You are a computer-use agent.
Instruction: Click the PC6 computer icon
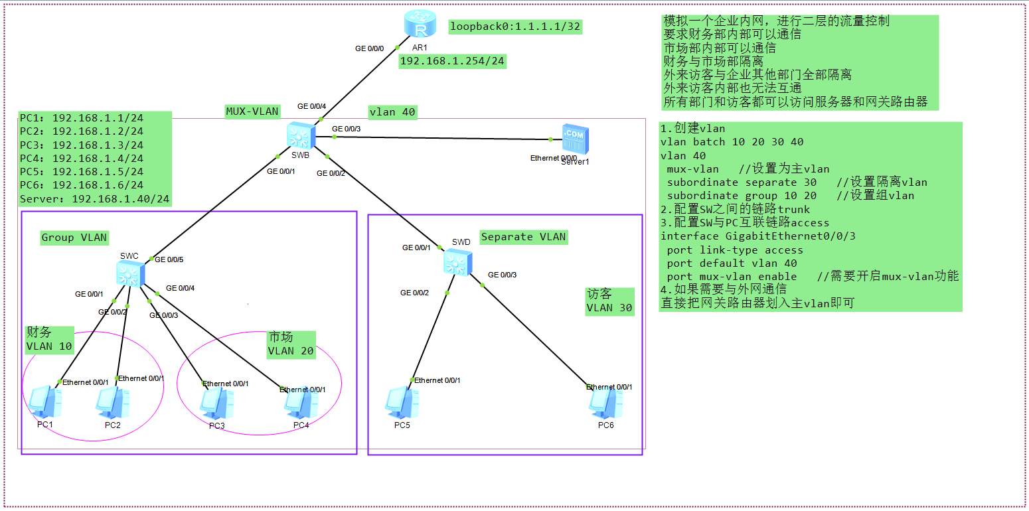point(606,402)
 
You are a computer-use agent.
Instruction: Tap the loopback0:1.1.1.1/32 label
point(515,27)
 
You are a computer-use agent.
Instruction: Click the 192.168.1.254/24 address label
point(451,61)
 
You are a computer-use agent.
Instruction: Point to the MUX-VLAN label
point(252,111)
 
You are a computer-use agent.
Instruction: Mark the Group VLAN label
point(74,238)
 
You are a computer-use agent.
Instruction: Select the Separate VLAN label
point(523,237)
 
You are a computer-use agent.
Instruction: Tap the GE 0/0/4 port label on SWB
point(311,106)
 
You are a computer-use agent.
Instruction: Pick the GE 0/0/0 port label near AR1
point(369,48)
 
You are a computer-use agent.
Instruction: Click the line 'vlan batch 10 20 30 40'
point(732,142)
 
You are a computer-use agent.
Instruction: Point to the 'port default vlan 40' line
point(732,263)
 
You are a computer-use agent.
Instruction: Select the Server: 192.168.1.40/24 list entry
point(95,198)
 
